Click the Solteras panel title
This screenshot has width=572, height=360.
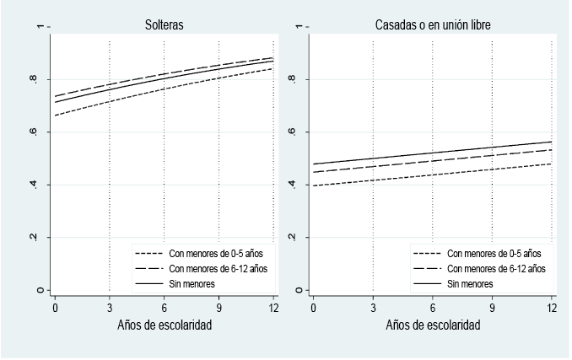click(164, 26)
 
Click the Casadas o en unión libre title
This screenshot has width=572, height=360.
click(433, 26)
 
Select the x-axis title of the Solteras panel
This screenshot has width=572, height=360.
click(164, 325)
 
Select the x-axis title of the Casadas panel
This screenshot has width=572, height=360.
click(433, 325)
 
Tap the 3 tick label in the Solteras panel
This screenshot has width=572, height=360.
click(110, 308)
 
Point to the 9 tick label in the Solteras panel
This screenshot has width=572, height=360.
click(219, 308)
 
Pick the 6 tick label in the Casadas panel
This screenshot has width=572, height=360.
click(432, 308)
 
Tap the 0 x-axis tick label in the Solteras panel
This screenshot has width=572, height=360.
click(55, 308)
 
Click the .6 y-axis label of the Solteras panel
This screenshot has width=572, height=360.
click(35, 132)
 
